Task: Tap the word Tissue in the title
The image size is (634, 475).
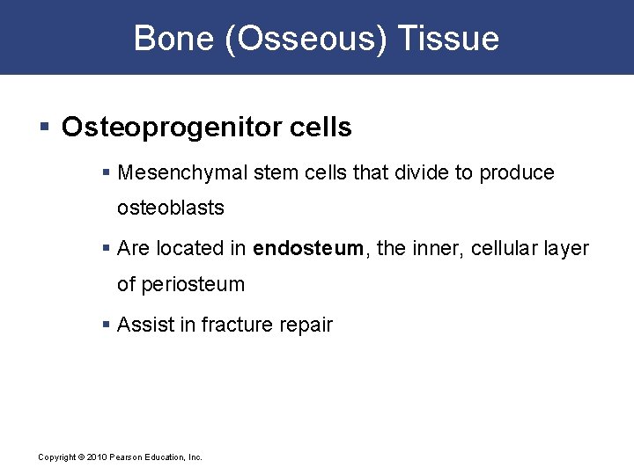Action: (x=448, y=39)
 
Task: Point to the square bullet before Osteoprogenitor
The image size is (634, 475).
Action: (x=44, y=128)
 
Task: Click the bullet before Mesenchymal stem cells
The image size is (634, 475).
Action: (x=107, y=172)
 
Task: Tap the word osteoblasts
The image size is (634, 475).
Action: (x=171, y=208)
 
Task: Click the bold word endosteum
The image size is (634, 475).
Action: (x=307, y=248)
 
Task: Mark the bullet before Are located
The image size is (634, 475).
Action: (x=107, y=249)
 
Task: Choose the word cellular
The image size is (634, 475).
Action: (x=506, y=248)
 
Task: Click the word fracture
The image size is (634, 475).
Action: (x=236, y=325)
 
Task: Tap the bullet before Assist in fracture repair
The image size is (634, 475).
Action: (x=107, y=325)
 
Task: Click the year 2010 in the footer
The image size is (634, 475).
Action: (x=96, y=457)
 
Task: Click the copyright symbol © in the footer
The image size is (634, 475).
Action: (x=81, y=457)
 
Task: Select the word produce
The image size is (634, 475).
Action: (x=517, y=173)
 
